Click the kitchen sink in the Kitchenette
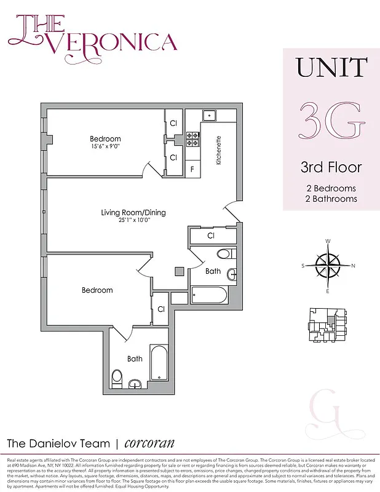210,115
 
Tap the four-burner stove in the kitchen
192,139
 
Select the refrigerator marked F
192,169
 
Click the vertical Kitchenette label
218,151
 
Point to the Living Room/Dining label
133,213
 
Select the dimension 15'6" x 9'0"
105,146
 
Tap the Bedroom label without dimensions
97,290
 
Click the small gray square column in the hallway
179,270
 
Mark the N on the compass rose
353,266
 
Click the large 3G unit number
331,122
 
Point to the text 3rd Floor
331,167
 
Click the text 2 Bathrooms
331,199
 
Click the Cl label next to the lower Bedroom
160,310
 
